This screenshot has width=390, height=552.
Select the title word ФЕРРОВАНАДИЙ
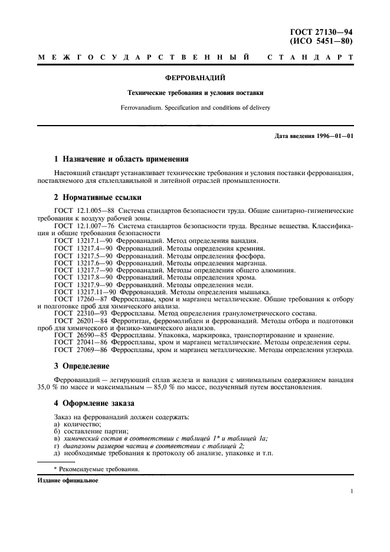(195, 77)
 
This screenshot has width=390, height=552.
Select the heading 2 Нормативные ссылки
(97, 197)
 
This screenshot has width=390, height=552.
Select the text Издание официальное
(68, 480)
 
